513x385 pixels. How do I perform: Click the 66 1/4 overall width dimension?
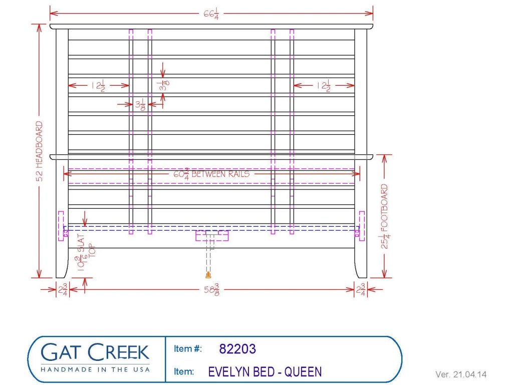tap(211, 15)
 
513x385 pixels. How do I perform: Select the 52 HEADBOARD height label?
tap(39, 151)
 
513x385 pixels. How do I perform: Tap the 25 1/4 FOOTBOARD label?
tap(385, 216)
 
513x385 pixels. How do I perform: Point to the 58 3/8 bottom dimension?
tap(211, 290)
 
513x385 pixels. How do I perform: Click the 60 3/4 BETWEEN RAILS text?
tap(211, 174)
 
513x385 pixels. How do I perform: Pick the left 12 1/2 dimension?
tap(98, 86)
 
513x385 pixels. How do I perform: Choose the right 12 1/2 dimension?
tap(323, 86)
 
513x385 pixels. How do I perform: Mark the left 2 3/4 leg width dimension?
tap(63, 290)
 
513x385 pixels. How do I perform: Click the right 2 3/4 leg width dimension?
tap(361, 290)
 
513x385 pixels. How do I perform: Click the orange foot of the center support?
tap(208, 275)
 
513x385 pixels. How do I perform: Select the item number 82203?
tap(237, 349)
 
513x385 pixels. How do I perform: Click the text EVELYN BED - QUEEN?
tap(265, 372)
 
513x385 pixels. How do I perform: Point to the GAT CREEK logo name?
tap(95, 352)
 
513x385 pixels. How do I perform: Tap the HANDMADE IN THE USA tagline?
tap(95, 369)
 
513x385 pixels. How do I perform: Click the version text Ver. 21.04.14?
tap(461, 374)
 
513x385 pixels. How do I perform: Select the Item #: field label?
tap(188, 349)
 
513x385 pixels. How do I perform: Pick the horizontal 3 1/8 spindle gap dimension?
tap(140, 105)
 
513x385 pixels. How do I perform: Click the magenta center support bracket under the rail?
tap(212, 236)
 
